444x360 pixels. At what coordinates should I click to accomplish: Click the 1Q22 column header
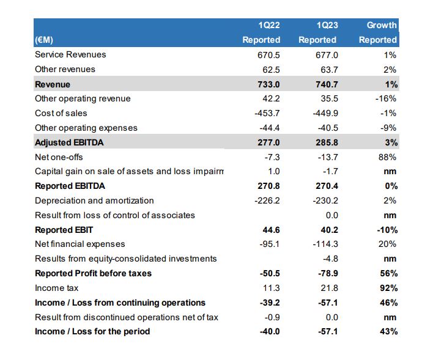click(x=270, y=26)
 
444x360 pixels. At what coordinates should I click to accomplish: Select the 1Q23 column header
click(x=327, y=26)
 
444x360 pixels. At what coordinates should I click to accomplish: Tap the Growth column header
click(x=382, y=26)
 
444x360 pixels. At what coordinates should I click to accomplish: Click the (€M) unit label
click(x=44, y=40)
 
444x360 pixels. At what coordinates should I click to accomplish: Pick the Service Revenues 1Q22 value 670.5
click(x=267, y=55)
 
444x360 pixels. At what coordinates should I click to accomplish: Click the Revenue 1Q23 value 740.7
click(x=325, y=84)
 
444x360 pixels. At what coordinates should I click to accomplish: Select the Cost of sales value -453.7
click(x=266, y=113)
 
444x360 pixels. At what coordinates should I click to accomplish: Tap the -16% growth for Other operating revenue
click(x=387, y=98)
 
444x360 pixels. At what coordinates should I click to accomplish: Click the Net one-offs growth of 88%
click(x=388, y=157)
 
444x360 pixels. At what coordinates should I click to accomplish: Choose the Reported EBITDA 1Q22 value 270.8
click(x=267, y=186)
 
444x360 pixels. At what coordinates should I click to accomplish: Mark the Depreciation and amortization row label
click(x=94, y=200)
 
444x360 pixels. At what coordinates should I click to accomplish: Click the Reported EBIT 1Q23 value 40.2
click(x=327, y=230)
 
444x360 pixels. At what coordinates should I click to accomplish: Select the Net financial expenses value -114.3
click(x=325, y=244)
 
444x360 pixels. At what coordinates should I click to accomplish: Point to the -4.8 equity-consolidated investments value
click(x=329, y=259)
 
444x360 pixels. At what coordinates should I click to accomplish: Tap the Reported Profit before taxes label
click(x=93, y=273)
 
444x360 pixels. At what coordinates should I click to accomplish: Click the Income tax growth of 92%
click(x=388, y=288)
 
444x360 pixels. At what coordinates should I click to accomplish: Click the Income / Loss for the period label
click(x=92, y=332)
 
